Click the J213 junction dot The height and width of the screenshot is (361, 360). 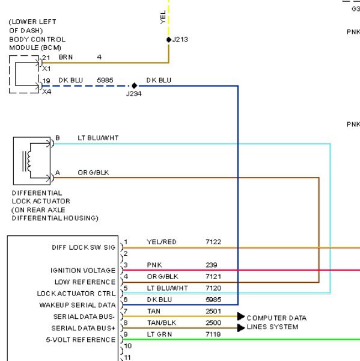169,40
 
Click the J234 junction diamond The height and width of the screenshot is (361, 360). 135,85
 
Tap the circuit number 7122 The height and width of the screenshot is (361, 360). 213,242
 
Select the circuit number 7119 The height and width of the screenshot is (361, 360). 213,335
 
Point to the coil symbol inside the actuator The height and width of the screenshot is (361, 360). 28,161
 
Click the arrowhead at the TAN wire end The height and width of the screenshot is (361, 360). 241,316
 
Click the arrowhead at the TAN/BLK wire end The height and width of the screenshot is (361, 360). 241,328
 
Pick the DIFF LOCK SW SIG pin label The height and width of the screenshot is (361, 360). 84,247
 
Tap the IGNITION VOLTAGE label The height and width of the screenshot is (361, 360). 83,270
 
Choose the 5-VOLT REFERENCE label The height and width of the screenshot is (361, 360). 81,340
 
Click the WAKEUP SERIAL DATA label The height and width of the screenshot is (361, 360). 78,305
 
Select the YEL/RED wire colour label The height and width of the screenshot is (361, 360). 162,242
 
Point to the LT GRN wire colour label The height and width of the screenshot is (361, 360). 159,335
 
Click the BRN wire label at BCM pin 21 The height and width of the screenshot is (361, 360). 66,57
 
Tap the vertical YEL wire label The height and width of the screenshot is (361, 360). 163,17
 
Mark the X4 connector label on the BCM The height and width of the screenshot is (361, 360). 47,92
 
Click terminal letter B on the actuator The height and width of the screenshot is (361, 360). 58,138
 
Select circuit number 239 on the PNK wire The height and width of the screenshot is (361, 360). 212,265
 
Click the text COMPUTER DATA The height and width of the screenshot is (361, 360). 276,318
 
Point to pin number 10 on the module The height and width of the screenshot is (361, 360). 128,346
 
